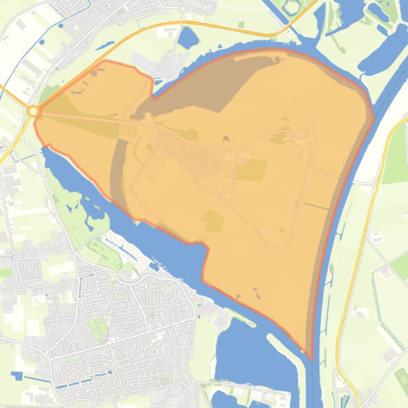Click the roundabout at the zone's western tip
(x=33, y=111)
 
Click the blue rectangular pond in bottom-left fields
(x=17, y=376)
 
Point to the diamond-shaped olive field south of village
(x=213, y=221)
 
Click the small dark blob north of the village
(x=226, y=139)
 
